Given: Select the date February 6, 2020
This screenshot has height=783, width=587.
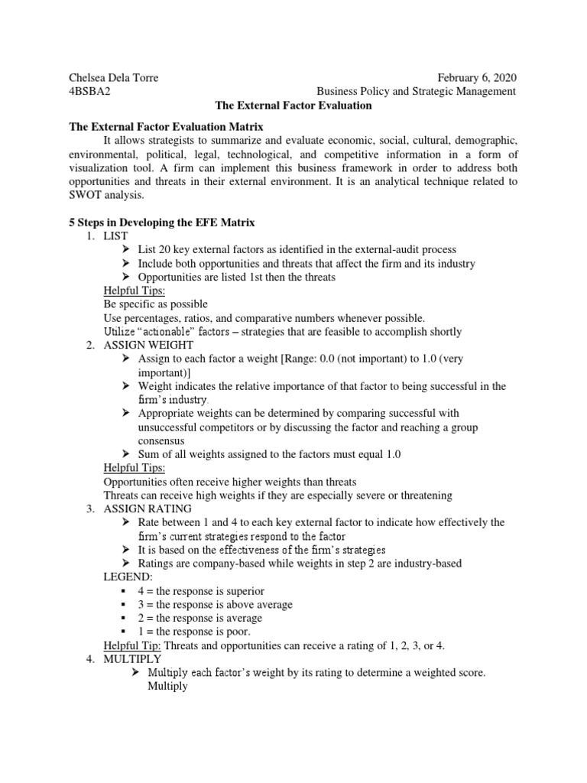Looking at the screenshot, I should tap(476, 77).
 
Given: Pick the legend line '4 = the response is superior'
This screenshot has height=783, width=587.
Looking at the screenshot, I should tap(202, 591).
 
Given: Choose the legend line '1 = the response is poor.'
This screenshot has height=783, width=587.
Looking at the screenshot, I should tap(197, 632).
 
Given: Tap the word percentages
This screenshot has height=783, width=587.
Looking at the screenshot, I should tap(157, 318).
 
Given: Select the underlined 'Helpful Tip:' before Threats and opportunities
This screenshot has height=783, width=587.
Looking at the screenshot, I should tap(133, 645).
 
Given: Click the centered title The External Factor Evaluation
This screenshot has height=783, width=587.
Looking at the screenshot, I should tap(293, 106).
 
